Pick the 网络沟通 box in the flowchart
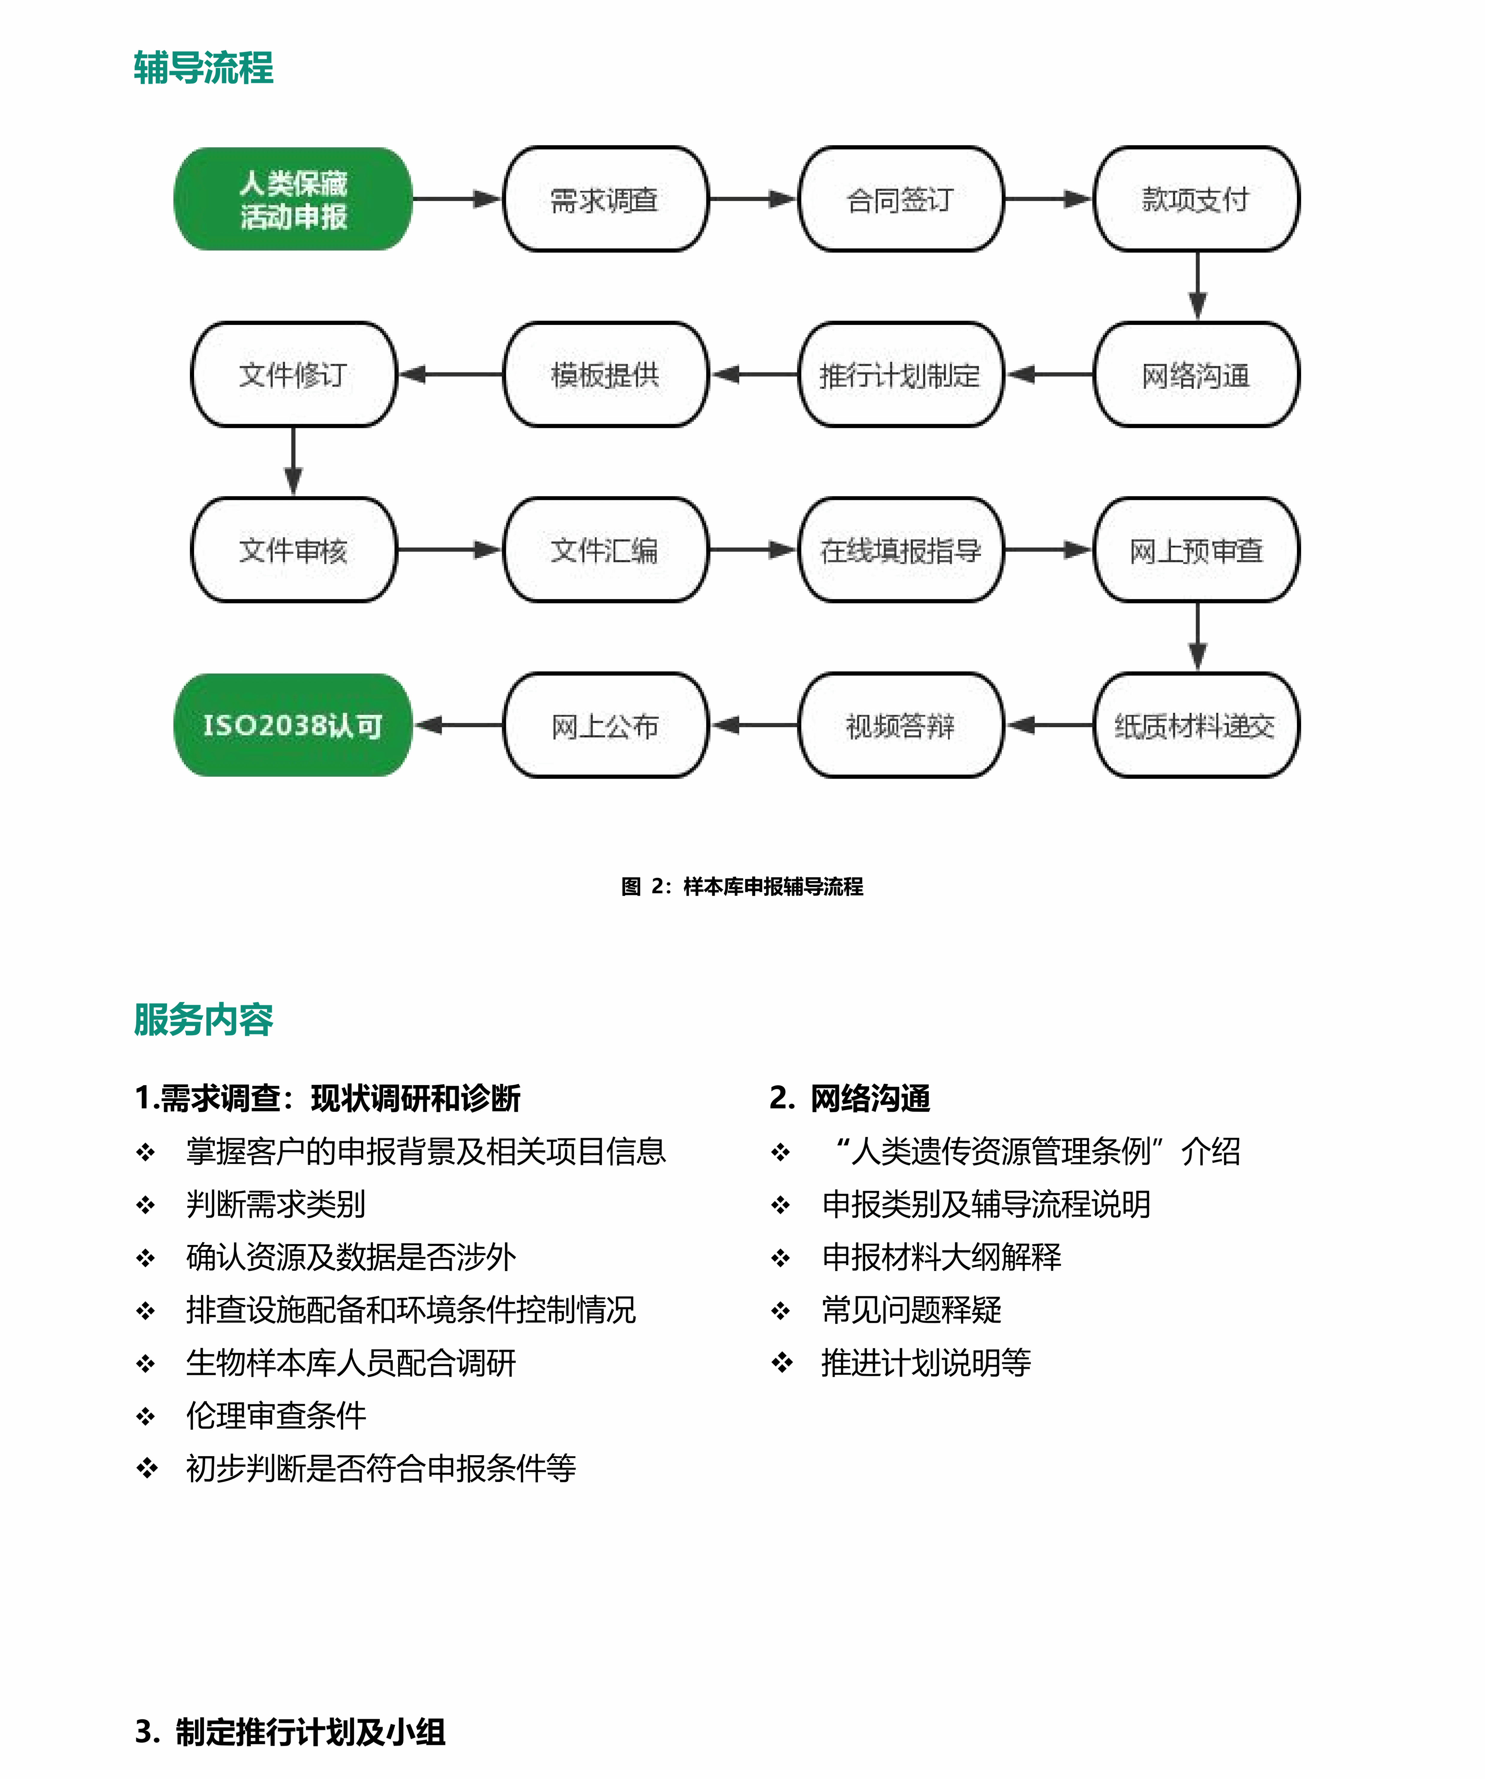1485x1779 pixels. click(x=1196, y=374)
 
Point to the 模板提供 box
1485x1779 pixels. click(x=605, y=374)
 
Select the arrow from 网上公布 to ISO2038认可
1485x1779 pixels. click(x=457, y=725)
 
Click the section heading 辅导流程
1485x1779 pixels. click(x=203, y=68)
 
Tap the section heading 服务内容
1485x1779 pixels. click(x=203, y=1019)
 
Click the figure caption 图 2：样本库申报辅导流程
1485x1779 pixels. click(x=742, y=886)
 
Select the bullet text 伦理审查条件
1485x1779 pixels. click(x=276, y=1416)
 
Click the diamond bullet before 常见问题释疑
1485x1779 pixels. click(x=780, y=1311)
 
